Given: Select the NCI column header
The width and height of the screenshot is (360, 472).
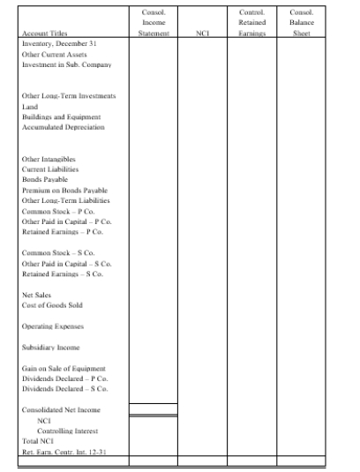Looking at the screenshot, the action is click(202, 37).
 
